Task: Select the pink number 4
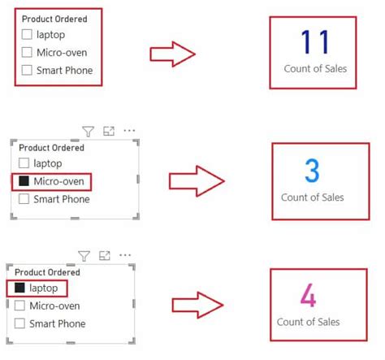click(308, 295)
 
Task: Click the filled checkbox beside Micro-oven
click(24, 181)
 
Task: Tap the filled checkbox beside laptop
click(19, 288)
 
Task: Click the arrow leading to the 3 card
click(196, 180)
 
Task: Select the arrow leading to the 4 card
click(196, 306)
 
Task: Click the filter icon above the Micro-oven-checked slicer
click(89, 131)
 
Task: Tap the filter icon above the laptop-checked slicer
click(84, 256)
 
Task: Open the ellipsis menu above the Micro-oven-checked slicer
click(129, 131)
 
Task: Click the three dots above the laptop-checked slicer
click(125, 256)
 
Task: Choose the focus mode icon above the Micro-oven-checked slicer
click(109, 131)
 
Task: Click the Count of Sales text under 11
click(314, 69)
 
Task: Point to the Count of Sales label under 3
click(312, 197)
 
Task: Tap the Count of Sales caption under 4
click(308, 322)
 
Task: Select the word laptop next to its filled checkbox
click(45, 288)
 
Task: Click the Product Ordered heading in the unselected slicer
click(54, 19)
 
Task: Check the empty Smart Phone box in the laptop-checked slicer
click(19, 323)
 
